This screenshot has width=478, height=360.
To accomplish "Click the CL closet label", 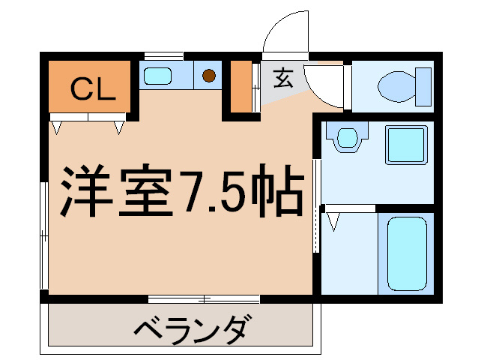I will click(92, 89).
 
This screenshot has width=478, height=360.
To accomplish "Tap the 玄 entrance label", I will click(282, 78).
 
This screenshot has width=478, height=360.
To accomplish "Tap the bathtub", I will click(406, 253).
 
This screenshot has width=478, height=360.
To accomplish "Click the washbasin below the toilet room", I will click(346, 139).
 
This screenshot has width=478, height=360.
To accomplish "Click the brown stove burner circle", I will click(209, 75).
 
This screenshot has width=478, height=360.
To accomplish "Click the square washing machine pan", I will click(405, 144).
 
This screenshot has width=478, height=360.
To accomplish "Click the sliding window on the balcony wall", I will click(204, 298).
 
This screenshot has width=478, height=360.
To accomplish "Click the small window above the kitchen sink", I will click(163, 55).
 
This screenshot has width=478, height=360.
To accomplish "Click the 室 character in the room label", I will click(144, 190).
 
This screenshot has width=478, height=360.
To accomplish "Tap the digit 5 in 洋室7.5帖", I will click(232, 190).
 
